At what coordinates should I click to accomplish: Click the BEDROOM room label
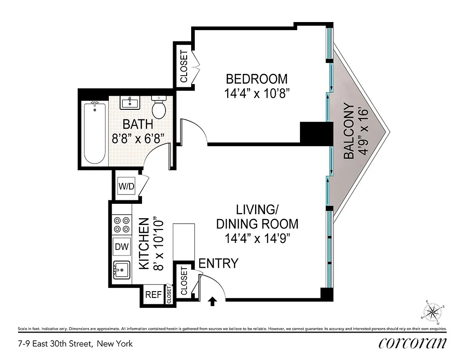256,79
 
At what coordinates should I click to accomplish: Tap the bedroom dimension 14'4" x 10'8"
256,94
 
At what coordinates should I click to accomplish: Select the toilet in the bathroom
159,106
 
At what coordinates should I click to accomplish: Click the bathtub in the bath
94,133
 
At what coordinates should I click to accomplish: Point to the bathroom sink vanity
131,103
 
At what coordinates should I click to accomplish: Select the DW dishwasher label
121,247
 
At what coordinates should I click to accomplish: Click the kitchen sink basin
121,270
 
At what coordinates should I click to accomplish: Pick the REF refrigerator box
153,295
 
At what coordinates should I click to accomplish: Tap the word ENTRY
218,263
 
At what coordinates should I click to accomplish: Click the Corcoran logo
412,343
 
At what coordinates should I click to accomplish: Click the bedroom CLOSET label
184,66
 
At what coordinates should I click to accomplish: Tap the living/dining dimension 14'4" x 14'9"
257,238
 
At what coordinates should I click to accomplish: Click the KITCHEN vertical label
144,244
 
